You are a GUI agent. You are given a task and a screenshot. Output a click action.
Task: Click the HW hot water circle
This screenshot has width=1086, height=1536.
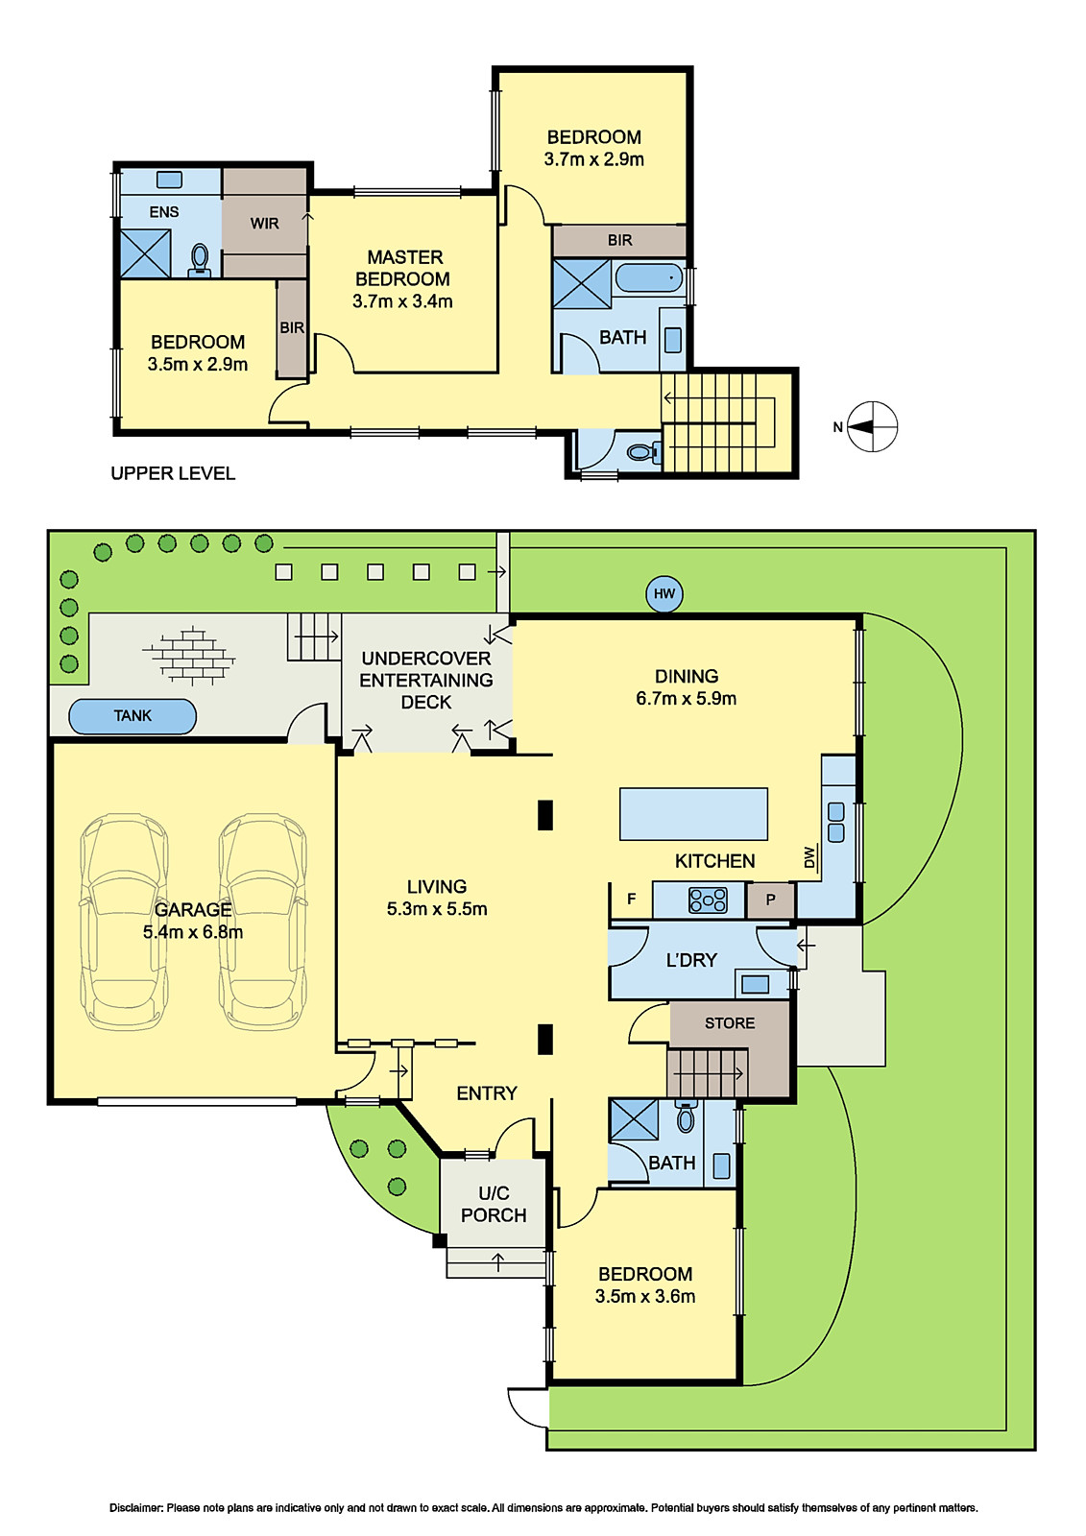pos(664,594)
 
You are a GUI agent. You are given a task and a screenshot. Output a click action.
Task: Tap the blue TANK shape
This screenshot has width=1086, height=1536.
pos(133,716)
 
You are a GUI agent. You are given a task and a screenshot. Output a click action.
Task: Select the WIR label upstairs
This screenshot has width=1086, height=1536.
pos(265,224)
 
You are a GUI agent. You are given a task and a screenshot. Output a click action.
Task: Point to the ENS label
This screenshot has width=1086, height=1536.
pos(164,212)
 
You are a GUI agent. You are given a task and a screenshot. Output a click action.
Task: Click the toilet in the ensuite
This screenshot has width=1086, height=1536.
pos(200,260)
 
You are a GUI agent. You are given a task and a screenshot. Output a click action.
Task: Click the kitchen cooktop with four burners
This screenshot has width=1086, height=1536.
pos(708,900)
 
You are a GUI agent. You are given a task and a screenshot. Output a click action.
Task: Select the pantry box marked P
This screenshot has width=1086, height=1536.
pos(770,900)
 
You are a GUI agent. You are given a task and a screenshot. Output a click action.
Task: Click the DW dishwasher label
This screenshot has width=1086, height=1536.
pos(809,857)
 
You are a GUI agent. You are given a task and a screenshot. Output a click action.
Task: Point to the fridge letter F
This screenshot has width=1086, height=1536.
pos(631,899)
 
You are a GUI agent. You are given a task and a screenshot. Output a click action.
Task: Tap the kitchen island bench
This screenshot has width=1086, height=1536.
pos(693,814)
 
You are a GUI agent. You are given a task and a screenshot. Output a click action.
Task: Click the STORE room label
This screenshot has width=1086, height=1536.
pos(729,1023)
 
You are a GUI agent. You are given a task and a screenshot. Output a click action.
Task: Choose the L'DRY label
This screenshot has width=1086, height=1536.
pos(691,960)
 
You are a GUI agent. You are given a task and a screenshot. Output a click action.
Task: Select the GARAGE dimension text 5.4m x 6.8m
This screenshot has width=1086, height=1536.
pos(193,932)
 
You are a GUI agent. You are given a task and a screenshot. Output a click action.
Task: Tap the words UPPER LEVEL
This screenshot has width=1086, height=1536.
pos(173,473)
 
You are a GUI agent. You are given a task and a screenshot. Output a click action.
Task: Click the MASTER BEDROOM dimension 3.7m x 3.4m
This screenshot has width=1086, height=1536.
pos(402,301)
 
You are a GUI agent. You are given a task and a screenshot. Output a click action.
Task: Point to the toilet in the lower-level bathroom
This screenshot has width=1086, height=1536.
pos(686,1116)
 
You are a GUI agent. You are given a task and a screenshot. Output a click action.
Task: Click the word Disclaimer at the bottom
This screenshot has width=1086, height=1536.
pos(135,1508)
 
